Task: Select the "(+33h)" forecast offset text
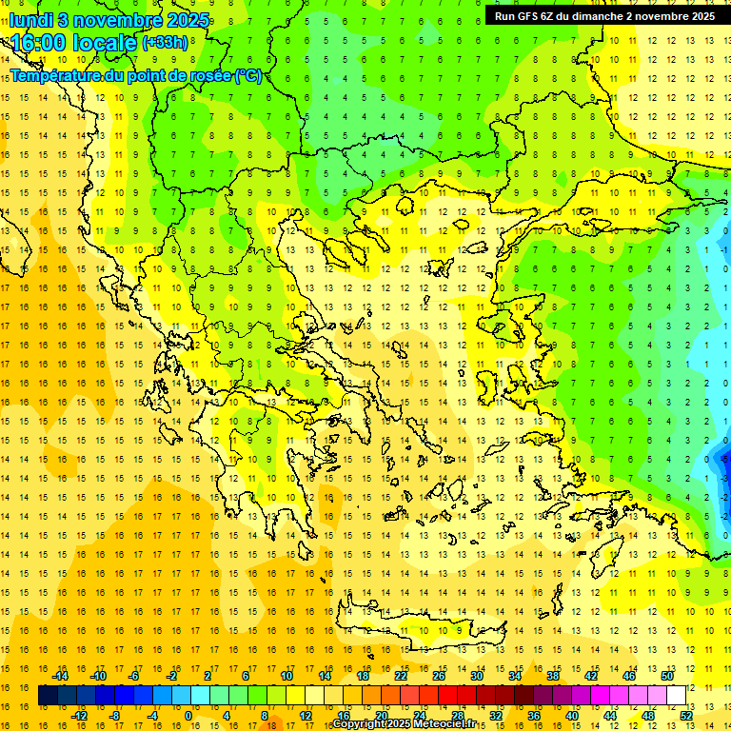click(165, 43)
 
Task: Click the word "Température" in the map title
click(57, 76)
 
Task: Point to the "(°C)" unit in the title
click(247, 76)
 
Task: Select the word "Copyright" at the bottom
click(360, 724)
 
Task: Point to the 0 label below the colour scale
click(188, 716)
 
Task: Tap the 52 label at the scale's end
click(686, 716)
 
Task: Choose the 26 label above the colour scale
click(439, 676)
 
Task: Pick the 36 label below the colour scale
click(534, 716)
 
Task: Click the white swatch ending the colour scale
click(676, 696)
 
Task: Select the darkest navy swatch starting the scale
click(48, 696)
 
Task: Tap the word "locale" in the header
click(108, 43)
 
